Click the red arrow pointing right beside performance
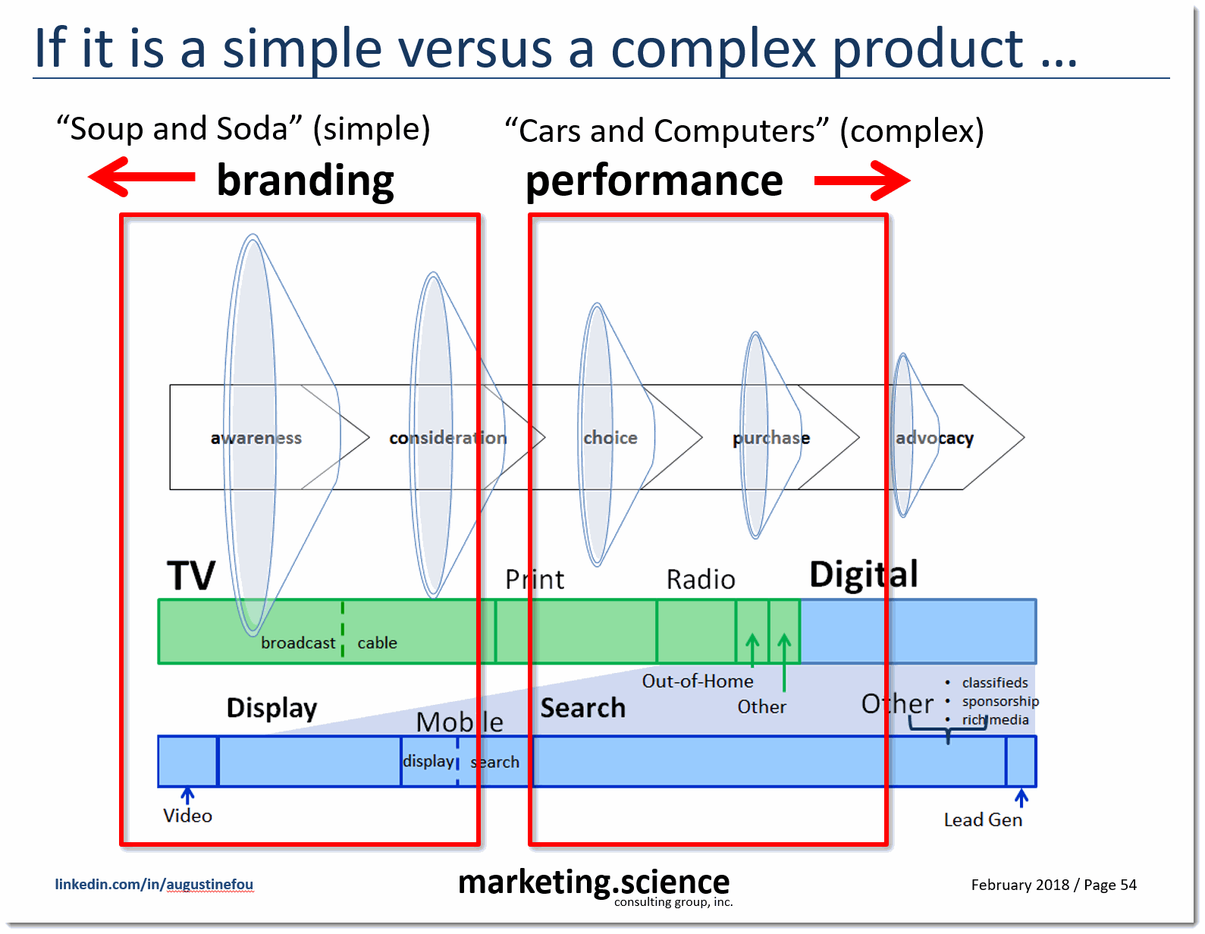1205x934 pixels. click(x=861, y=181)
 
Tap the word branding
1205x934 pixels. click(x=305, y=181)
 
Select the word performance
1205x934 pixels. click(x=654, y=181)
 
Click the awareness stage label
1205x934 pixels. click(x=256, y=438)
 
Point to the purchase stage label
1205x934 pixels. click(x=770, y=438)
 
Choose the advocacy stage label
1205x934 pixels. click(x=934, y=438)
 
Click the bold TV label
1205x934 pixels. click(x=191, y=575)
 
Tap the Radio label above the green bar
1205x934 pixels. click(x=700, y=580)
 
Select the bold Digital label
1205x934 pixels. click(x=863, y=574)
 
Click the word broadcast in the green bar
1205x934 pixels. click(x=298, y=643)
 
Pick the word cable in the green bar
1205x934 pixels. click(x=377, y=643)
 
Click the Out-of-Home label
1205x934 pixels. click(x=698, y=681)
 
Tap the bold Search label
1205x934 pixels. click(x=582, y=708)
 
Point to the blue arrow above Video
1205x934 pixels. click(x=187, y=794)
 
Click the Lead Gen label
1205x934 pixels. click(x=983, y=819)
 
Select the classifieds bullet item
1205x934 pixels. click(x=994, y=682)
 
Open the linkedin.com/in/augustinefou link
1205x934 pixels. click(x=154, y=884)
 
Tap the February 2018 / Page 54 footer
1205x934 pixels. click(x=1053, y=885)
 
